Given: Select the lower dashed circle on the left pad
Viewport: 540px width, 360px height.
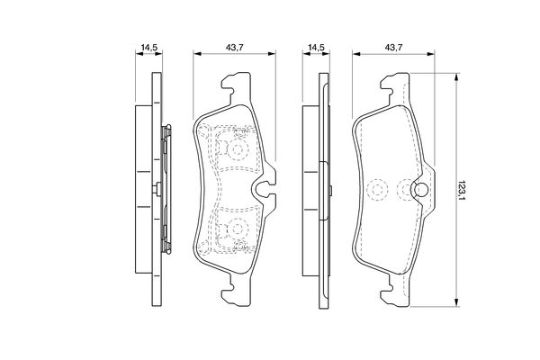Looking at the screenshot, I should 239,229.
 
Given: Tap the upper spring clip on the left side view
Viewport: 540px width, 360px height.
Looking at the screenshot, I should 165,135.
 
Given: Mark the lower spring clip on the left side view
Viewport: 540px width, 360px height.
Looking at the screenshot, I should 165,241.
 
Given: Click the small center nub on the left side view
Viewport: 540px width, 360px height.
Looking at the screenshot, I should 158,188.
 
